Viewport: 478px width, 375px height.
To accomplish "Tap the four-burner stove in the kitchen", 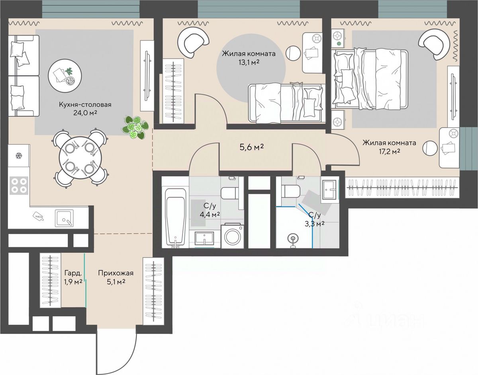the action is [x=19, y=186].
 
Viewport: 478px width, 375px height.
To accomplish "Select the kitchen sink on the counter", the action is [x=64, y=218].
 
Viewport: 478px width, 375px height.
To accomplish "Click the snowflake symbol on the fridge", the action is [x=18, y=156].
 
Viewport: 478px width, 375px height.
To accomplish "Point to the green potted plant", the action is [x=135, y=127].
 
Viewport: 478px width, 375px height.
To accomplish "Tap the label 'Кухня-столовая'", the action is [x=85, y=104].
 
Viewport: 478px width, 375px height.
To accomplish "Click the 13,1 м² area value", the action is [x=249, y=62].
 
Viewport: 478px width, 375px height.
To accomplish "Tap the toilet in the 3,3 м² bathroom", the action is [x=291, y=191].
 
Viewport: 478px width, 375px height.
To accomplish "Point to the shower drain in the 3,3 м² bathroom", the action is [x=293, y=239].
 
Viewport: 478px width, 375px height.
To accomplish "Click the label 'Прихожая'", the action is [x=116, y=273].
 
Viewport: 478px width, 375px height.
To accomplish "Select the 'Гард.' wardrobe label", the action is [x=73, y=273].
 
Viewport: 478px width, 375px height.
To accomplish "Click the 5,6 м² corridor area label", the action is [x=252, y=147].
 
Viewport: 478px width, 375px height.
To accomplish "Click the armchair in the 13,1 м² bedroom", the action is [x=193, y=43].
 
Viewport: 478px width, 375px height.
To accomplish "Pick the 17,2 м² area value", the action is [x=389, y=152].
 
